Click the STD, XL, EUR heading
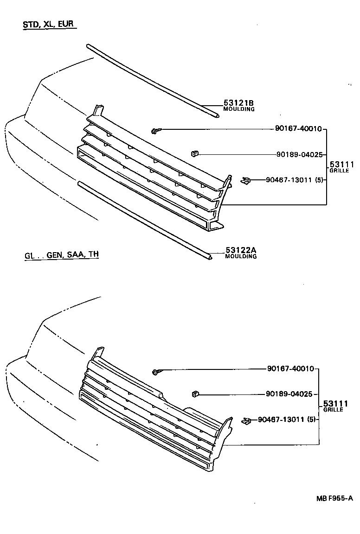pyautogui.click(x=49, y=25)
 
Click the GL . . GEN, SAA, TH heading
pyautogui.click(x=61, y=254)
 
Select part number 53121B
pyautogui.click(x=239, y=103)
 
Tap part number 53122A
pyautogui.click(x=241, y=251)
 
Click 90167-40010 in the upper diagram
pyautogui.click(x=298, y=129)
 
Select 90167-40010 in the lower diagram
pyautogui.click(x=291, y=369)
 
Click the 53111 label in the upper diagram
pyautogui.click(x=341, y=164)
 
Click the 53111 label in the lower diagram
pyautogui.click(x=335, y=404)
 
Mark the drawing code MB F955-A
pyautogui.click(x=334, y=499)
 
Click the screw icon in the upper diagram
pyautogui.click(x=154, y=131)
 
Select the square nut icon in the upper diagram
pyautogui.click(x=195, y=153)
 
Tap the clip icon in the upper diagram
pyautogui.click(x=245, y=180)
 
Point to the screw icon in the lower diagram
pyautogui.click(x=156, y=372)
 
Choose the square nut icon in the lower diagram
pyautogui.click(x=195, y=394)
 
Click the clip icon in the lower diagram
pyautogui.click(x=246, y=420)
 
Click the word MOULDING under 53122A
pyautogui.click(x=241, y=257)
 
